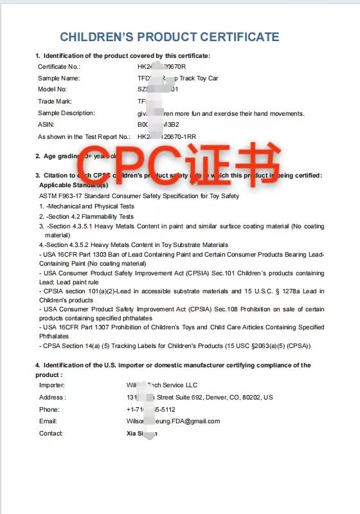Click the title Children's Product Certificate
click(x=170, y=37)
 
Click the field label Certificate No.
click(x=59, y=66)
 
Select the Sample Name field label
click(x=58, y=78)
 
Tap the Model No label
click(x=52, y=89)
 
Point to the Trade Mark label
click(x=55, y=101)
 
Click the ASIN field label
click(x=46, y=125)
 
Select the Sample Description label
click(x=66, y=113)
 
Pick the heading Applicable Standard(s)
click(x=73, y=185)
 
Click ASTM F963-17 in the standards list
click(x=62, y=196)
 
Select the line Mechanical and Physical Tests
click(x=89, y=207)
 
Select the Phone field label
click(x=49, y=409)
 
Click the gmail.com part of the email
click(x=203, y=421)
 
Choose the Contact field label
click(x=51, y=434)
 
